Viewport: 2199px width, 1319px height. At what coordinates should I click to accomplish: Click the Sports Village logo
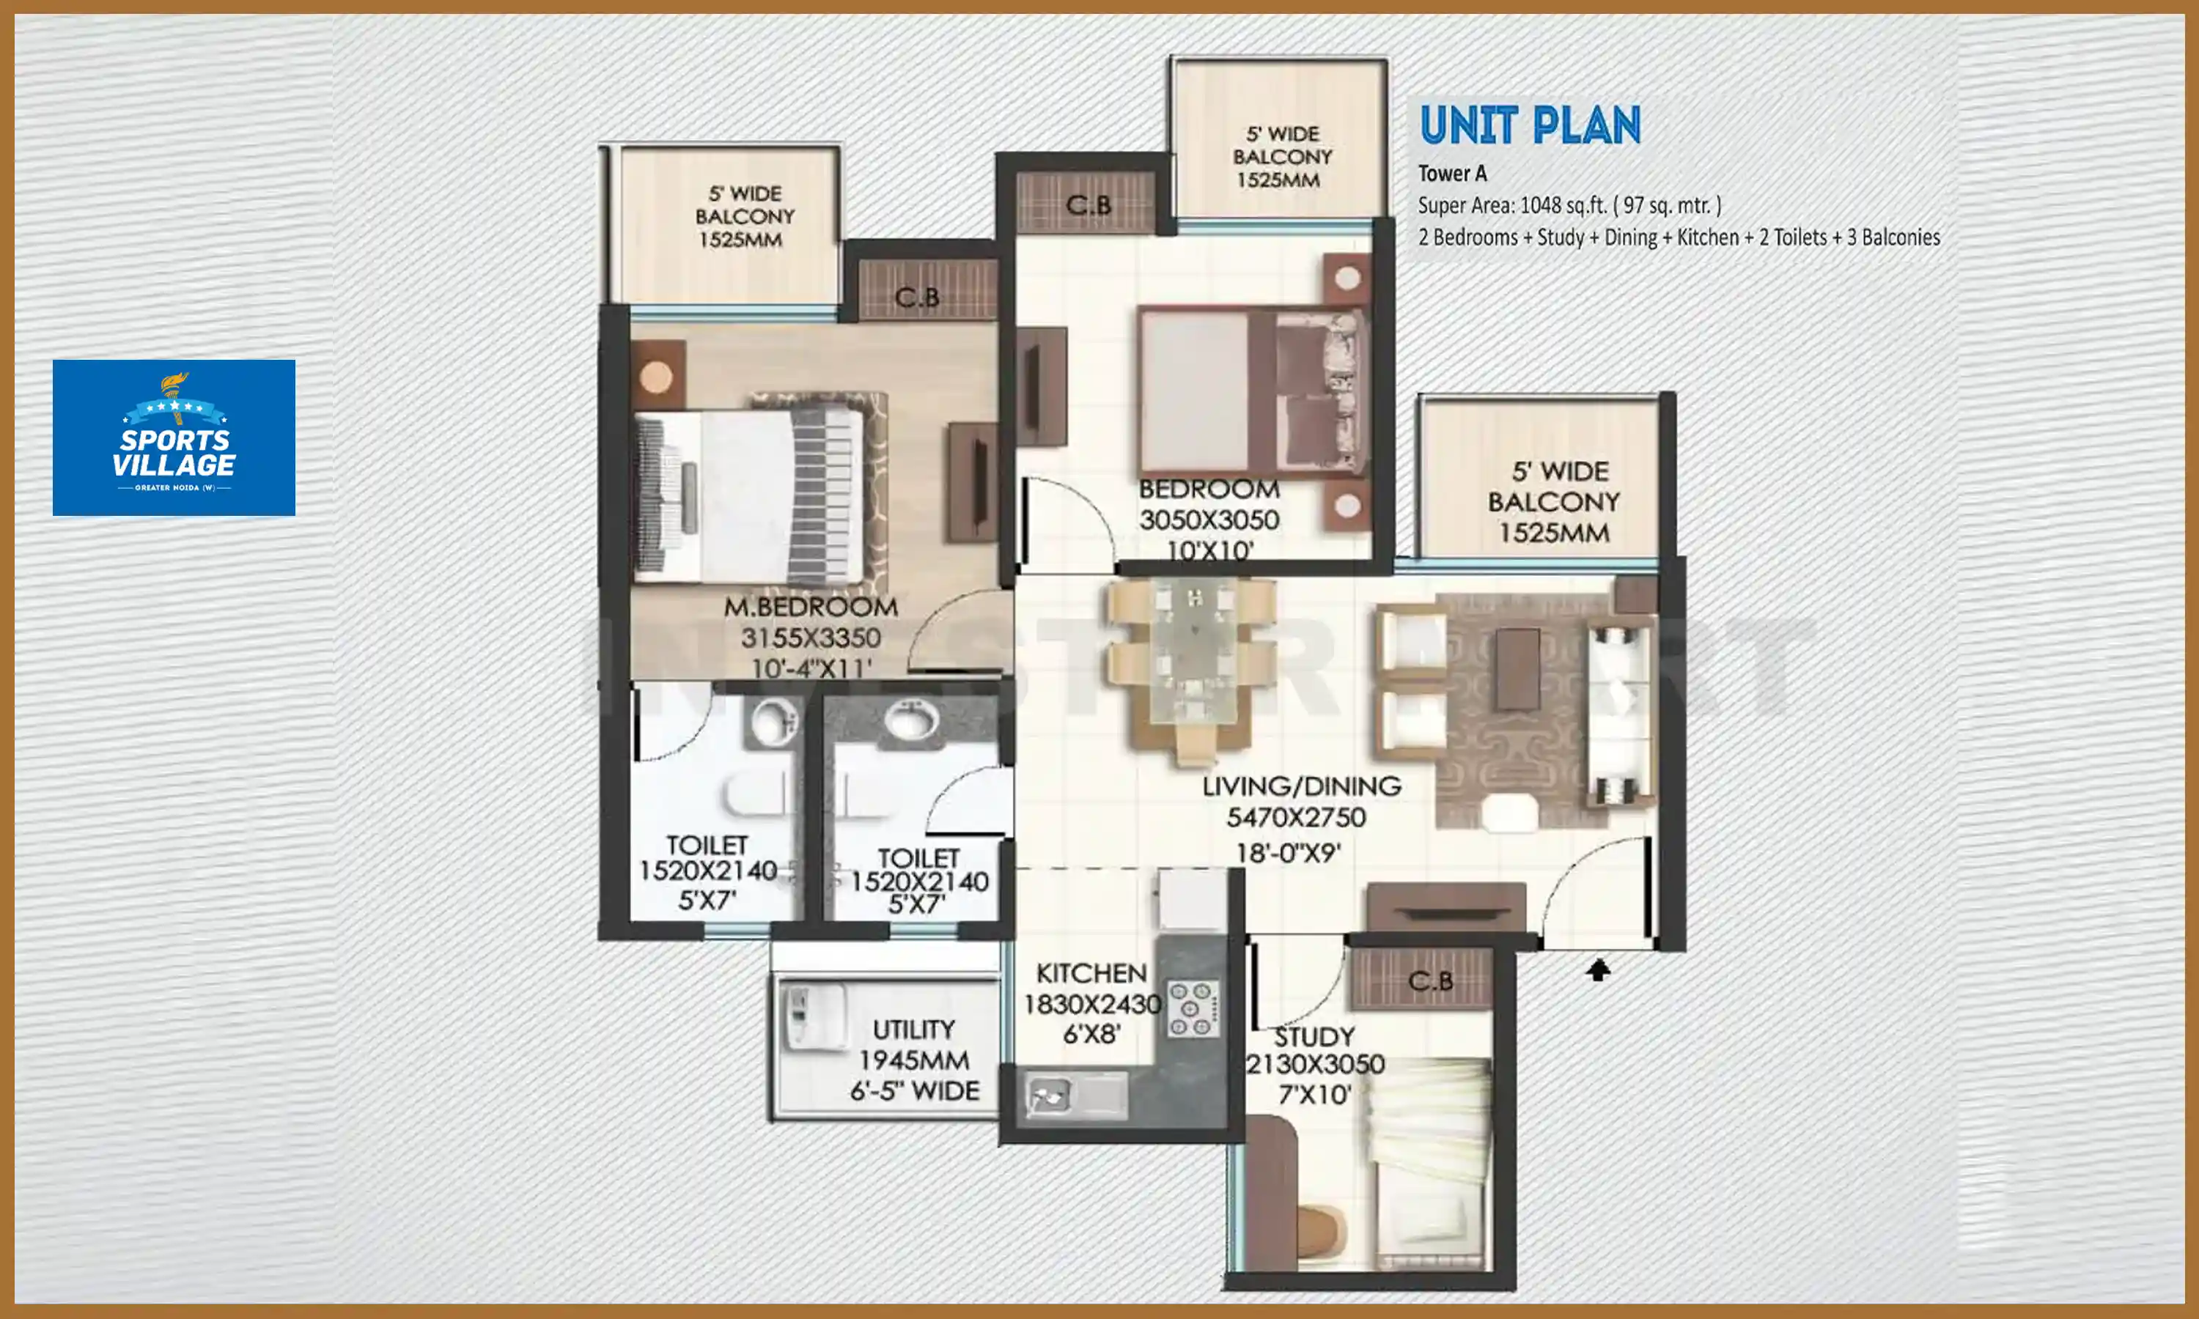(x=173, y=437)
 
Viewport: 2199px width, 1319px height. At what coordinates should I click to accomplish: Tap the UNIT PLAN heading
(x=1530, y=125)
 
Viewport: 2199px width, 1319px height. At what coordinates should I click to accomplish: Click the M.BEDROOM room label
(x=810, y=607)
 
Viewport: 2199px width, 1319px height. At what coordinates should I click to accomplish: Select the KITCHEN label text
(x=1091, y=973)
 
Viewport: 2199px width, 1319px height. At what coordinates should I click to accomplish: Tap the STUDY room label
(x=1314, y=1037)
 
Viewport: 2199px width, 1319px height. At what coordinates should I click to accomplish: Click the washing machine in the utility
(x=812, y=1017)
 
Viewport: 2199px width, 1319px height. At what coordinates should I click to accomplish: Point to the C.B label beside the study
(x=1430, y=981)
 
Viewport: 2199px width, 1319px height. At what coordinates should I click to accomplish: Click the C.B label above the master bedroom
(x=916, y=297)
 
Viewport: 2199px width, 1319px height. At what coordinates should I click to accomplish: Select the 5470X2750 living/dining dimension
(x=1296, y=818)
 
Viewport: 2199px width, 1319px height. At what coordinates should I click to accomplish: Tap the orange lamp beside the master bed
(x=656, y=377)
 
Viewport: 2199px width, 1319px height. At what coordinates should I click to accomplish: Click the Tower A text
(x=1451, y=174)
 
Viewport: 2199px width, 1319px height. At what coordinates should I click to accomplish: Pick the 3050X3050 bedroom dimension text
(x=1209, y=520)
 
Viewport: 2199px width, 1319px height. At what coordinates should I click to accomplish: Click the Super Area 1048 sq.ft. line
(x=1569, y=205)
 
